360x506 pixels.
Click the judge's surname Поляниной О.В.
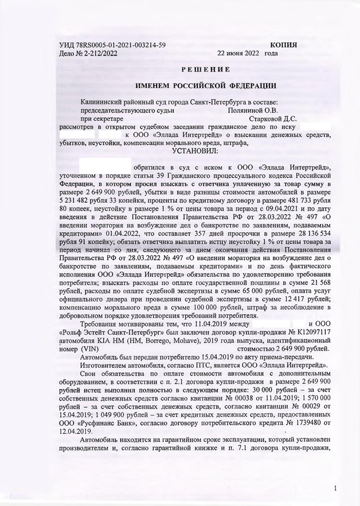pos(252,109)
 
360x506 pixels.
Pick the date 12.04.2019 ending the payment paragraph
pos(78,432)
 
